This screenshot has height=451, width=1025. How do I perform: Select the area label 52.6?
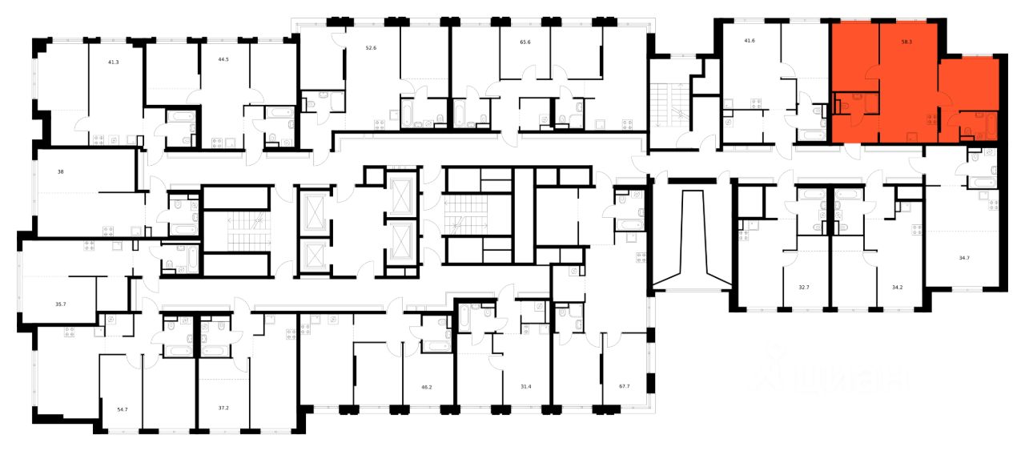(371, 47)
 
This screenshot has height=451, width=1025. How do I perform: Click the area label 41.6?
(750, 39)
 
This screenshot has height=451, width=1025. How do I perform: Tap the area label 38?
(61, 171)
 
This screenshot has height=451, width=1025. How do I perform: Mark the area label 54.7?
(123, 409)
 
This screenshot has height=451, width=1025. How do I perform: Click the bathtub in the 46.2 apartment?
(438, 346)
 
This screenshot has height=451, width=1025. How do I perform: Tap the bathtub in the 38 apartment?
(183, 228)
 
